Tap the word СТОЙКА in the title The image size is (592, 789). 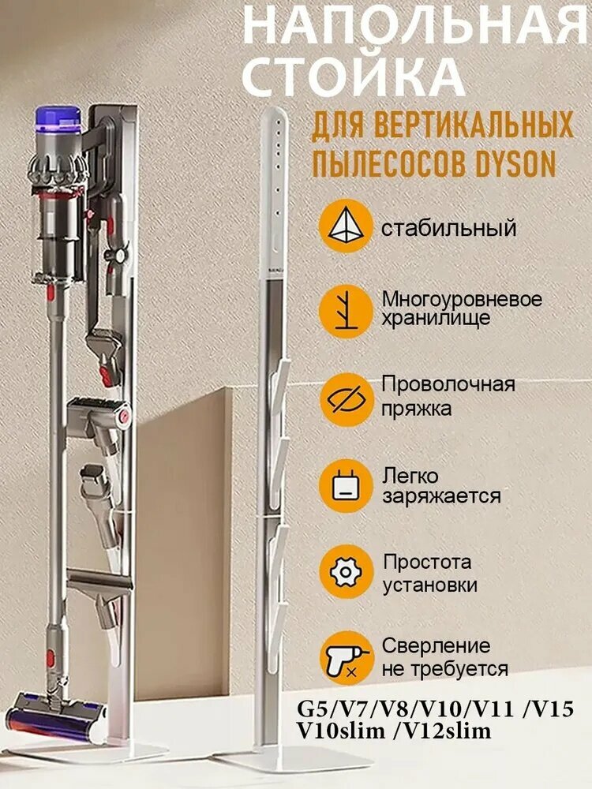pos(351,76)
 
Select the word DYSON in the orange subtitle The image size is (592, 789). pos(517,163)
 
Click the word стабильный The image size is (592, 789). pos(448,229)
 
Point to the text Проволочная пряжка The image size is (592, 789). pos(448,396)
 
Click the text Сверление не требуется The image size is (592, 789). pos(445,657)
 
